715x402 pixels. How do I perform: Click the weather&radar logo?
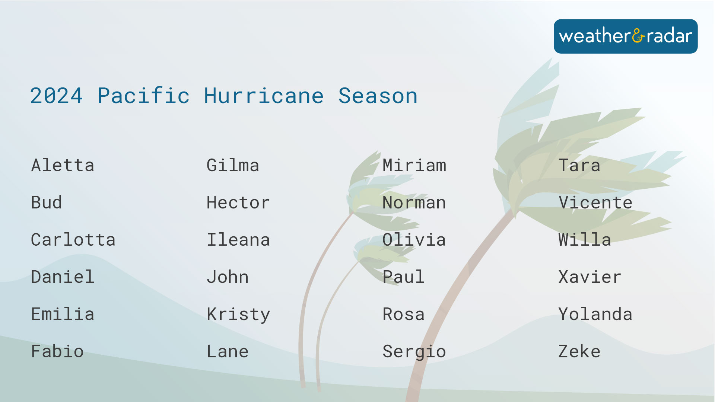(x=626, y=36)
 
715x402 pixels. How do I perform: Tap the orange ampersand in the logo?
(x=638, y=36)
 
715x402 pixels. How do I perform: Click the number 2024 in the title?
(x=56, y=96)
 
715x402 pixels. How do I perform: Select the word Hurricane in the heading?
(x=264, y=96)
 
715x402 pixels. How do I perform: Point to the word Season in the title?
(x=378, y=96)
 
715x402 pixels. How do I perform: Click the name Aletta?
(x=63, y=165)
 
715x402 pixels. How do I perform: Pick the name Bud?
(x=47, y=202)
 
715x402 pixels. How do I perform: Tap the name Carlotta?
(x=73, y=240)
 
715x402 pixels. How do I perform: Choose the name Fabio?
(x=57, y=351)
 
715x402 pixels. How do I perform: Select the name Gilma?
(x=233, y=165)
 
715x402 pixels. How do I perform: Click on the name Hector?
(x=238, y=202)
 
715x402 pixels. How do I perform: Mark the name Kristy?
(x=238, y=315)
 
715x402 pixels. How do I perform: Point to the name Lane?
(x=228, y=351)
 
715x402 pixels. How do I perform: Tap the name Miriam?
(x=414, y=165)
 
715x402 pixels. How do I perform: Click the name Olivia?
(x=414, y=240)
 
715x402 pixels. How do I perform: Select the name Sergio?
(x=414, y=352)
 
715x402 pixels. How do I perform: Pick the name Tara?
(x=579, y=165)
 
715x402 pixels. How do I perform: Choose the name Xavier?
(x=590, y=277)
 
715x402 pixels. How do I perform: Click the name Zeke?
(x=579, y=351)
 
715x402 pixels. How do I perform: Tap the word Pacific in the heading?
(x=143, y=96)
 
